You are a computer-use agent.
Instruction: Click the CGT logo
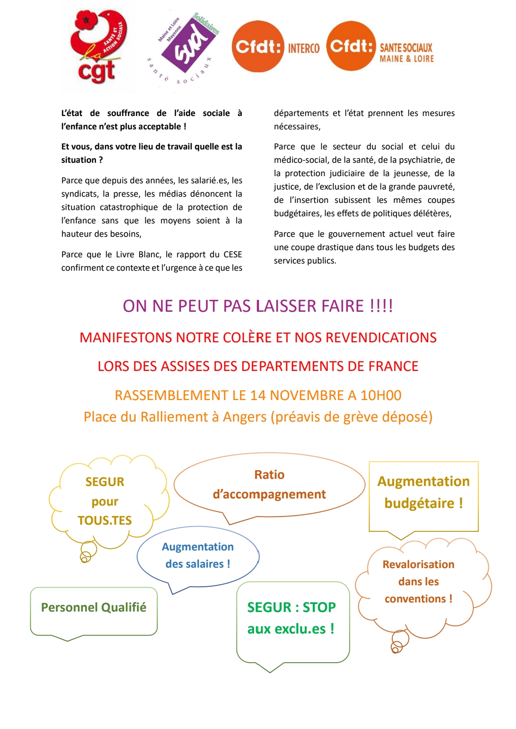coord(98,47)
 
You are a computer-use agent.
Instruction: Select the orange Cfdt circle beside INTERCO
coord(258,47)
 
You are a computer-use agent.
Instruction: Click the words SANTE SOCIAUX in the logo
coord(406,48)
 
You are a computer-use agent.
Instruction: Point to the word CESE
coord(233,254)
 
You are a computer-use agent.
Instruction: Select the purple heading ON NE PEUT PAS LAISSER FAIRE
coord(258,306)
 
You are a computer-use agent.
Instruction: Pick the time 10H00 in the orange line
coord(381,395)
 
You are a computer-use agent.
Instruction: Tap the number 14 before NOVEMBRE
coord(258,395)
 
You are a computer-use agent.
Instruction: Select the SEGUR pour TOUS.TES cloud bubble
coord(105,501)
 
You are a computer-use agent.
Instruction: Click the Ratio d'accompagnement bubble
coord(269,485)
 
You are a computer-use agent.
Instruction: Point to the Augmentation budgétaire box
coord(423,493)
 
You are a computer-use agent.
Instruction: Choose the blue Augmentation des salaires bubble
coord(198,556)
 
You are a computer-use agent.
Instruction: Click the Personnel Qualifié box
coord(94,608)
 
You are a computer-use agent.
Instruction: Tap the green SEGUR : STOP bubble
coord(291,618)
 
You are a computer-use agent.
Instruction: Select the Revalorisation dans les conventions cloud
coord(419,582)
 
